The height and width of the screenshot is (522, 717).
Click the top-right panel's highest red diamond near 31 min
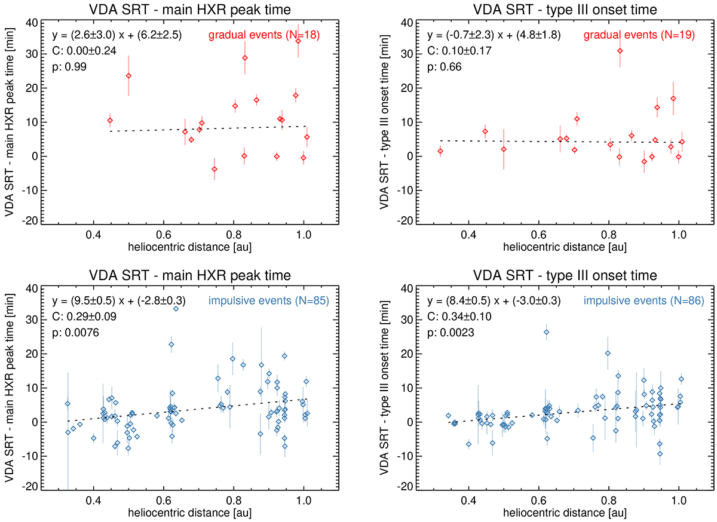pyautogui.click(x=620, y=51)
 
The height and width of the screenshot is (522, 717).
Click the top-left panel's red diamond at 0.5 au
pyautogui.click(x=128, y=76)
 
